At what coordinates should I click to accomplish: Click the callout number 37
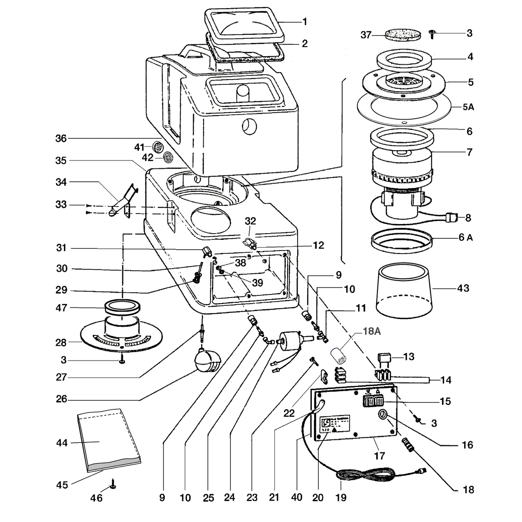tap(366, 35)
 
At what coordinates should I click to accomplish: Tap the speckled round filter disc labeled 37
tap(403, 35)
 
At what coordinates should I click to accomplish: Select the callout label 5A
tap(468, 107)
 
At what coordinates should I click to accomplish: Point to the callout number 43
tap(463, 288)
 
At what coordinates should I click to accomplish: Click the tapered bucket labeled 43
tap(404, 291)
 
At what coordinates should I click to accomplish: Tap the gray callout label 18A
tap(371, 331)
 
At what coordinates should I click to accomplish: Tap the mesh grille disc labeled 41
tap(157, 147)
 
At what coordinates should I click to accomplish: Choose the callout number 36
tap(61, 138)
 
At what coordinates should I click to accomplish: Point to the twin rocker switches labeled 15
tap(373, 401)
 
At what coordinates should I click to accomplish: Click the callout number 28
tap(61, 343)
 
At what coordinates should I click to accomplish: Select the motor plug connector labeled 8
tap(451, 217)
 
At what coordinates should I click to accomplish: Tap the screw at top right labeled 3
tap(432, 34)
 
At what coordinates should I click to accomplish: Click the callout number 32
tap(250, 221)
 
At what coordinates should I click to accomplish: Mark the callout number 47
tap(61, 308)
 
